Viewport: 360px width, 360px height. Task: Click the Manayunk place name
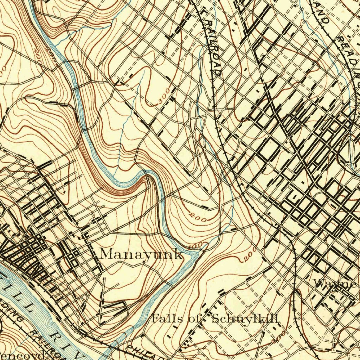click(141, 254)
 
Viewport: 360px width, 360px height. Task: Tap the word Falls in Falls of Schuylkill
click(166, 319)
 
